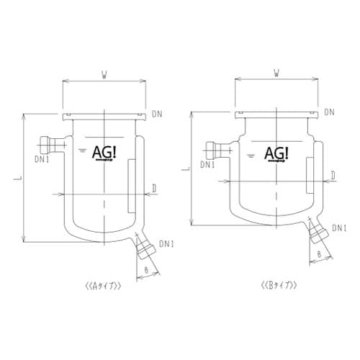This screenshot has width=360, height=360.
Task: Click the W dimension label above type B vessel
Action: (276, 73)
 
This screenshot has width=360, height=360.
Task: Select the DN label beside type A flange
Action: (158, 113)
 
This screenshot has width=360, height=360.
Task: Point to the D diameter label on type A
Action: (155, 189)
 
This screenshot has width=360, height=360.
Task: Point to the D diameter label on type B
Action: (333, 174)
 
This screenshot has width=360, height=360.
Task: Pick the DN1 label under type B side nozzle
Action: (208, 165)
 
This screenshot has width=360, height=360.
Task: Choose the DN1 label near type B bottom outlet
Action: (340, 228)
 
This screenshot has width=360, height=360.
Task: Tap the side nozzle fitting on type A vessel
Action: (50, 143)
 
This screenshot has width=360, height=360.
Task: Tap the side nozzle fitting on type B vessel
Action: (215, 150)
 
